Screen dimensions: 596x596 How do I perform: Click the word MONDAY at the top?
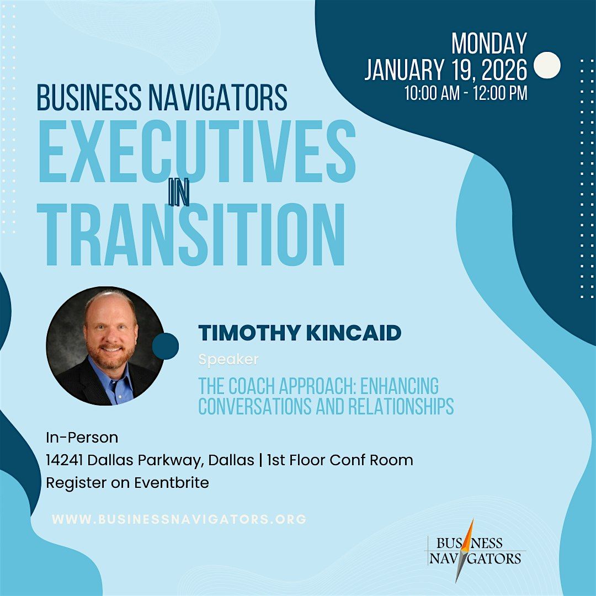[489, 44]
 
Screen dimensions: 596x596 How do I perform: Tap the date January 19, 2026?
[446, 70]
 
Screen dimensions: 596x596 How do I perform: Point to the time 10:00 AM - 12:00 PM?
[466, 93]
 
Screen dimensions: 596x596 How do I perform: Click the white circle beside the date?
[547, 65]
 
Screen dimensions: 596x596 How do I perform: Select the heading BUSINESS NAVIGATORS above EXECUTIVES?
[162, 98]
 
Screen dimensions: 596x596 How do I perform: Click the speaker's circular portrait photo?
[105, 345]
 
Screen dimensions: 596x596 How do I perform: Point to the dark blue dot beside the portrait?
[166, 346]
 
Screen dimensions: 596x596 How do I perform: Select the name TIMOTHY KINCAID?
[300, 333]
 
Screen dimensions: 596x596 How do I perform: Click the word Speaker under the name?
[228, 360]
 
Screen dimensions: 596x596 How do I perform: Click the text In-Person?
[82, 438]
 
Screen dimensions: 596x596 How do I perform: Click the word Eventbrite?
[172, 483]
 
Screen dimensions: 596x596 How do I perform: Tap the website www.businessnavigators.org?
[179, 519]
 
